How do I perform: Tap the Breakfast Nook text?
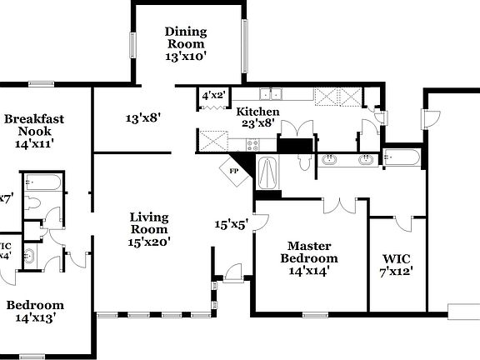coord(33,131)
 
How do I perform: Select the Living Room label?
coord(149,229)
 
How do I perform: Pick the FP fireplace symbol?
coord(234,170)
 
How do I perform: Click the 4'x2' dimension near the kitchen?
coord(213,97)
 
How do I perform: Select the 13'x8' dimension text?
coord(142,118)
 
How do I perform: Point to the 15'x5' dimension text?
coord(232,224)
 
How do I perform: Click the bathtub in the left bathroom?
coord(39,182)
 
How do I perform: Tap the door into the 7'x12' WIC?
coord(403,222)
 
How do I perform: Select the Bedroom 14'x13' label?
coord(35,310)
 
